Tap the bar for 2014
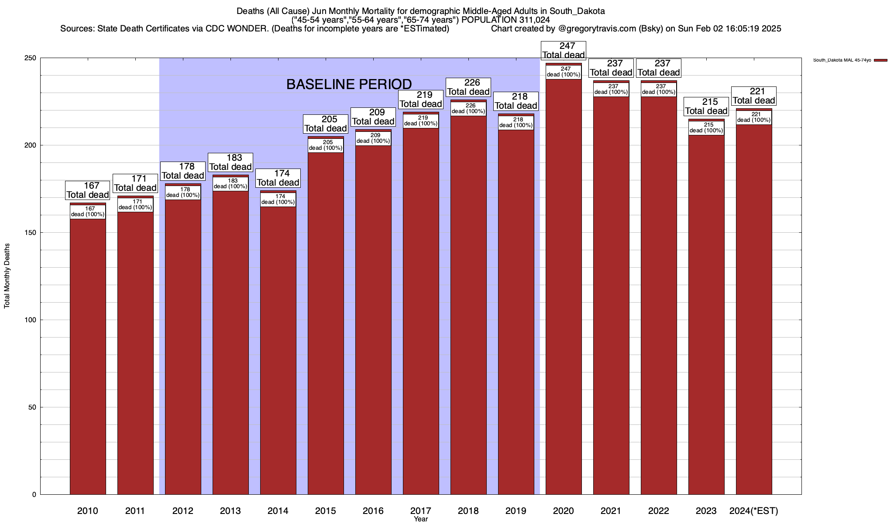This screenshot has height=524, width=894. [x=278, y=349]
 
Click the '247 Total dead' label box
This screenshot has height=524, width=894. [x=564, y=50]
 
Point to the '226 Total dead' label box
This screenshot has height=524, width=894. [x=468, y=87]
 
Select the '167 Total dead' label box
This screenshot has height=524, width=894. [x=88, y=190]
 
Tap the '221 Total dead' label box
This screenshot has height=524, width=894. [x=754, y=96]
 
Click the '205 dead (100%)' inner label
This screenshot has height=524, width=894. [x=326, y=145]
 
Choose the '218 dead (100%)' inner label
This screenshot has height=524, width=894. [x=516, y=122]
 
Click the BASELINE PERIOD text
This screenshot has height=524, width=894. [x=349, y=84]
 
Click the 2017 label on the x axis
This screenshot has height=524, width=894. [x=421, y=510]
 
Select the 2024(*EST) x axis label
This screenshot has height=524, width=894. [x=754, y=510]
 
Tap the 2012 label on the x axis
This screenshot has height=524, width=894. [x=183, y=510]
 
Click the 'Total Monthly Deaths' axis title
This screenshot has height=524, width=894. [x=7, y=276]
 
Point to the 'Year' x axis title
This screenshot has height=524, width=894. [x=421, y=519]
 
